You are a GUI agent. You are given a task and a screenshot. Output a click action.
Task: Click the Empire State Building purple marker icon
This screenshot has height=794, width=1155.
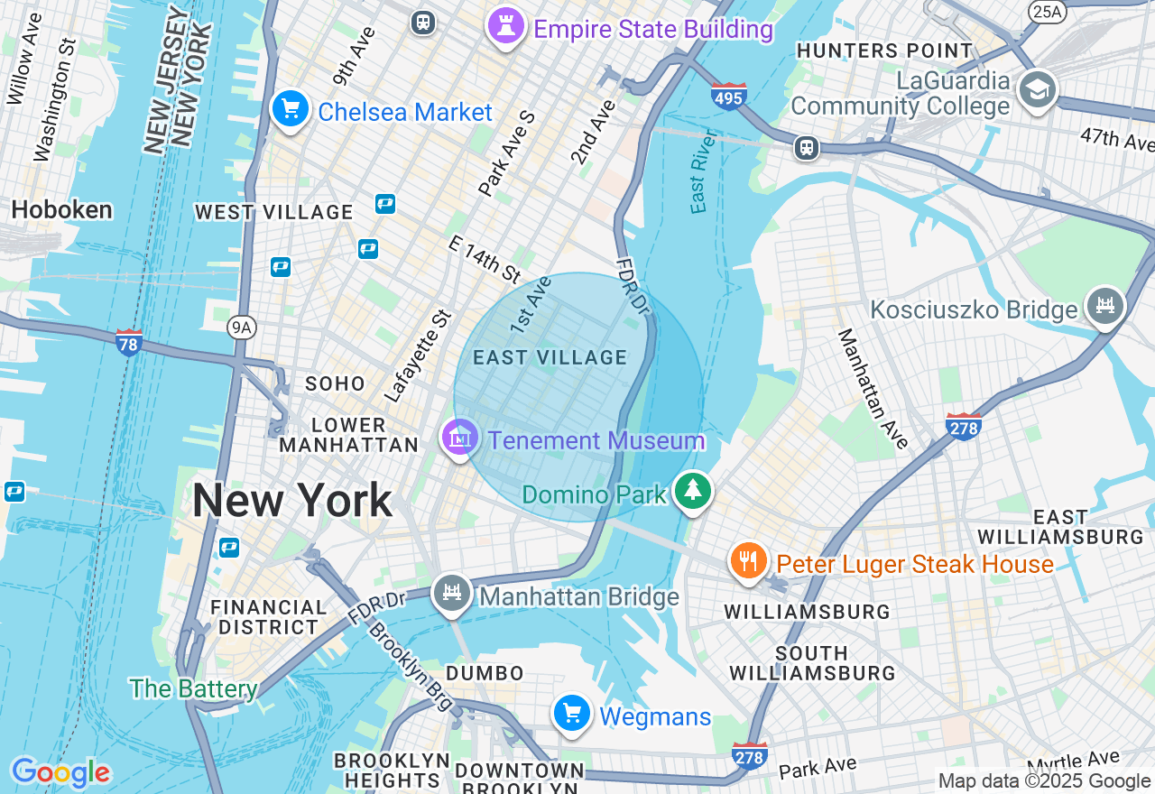[x=505, y=26]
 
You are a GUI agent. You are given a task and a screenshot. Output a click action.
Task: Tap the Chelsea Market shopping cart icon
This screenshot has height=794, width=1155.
[x=290, y=110]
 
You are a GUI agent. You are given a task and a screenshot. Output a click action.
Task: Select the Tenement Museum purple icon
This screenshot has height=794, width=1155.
[x=460, y=438]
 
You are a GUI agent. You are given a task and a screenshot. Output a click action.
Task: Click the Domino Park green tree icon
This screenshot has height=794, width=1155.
[x=692, y=492]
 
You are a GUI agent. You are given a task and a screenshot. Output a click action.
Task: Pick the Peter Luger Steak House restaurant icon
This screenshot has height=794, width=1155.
[x=748, y=562]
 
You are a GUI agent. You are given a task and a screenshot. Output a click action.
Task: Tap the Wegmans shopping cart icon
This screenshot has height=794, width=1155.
[x=571, y=714]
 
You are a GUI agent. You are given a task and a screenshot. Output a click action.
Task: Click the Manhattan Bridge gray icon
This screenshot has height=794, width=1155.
[x=452, y=593]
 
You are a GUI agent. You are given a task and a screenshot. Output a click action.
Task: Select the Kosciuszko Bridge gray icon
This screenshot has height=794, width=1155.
[x=1105, y=307]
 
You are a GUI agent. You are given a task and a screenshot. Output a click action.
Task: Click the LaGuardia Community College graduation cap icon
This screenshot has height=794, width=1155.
[x=1037, y=89]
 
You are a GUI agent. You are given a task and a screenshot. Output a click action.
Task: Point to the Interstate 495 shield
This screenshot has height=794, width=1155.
[x=727, y=96]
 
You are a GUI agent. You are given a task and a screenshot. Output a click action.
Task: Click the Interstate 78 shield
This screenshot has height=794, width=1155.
[x=129, y=342]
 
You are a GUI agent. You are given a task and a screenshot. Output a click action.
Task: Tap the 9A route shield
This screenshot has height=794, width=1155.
[x=240, y=328]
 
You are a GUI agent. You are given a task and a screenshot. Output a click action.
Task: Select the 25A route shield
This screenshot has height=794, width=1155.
[x=1048, y=11]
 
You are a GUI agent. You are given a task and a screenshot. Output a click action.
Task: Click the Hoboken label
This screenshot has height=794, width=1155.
[x=61, y=210]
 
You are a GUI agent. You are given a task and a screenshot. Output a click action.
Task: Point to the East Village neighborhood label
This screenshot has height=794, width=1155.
[x=550, y=358]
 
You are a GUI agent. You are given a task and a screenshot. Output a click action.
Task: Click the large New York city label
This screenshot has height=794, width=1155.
[x=292, y=500]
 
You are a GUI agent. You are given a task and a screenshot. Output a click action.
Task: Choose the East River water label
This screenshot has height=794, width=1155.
[x=703, y=171]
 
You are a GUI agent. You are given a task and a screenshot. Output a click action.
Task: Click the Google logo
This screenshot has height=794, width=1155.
[x=61, y=772]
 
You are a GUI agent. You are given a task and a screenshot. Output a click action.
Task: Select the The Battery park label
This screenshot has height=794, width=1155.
[x=193, y=689]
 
